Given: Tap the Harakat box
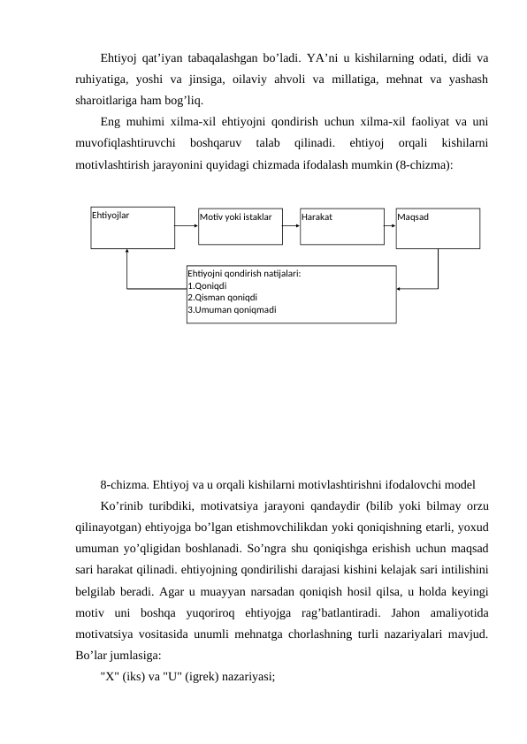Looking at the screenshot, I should tap(340, 226).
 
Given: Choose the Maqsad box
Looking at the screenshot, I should tap(438, 228).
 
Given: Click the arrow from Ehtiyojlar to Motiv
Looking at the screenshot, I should tap(187, 224).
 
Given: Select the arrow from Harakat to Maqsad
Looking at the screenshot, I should tap(388, 224).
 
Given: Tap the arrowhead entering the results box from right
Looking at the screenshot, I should tap(400, 289).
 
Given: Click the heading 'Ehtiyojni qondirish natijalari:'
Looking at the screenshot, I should tap(244, 274).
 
